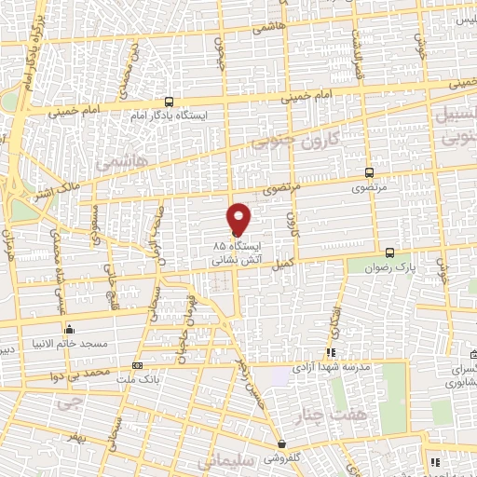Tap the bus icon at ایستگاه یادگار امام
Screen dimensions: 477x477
(x=169, y=102)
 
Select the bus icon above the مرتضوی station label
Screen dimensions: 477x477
(x=370, y=172)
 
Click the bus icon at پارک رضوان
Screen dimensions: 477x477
(x=389, y=252)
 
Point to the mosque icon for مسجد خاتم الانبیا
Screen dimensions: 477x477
(x=69, y=329)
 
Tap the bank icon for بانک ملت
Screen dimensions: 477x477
(x=138, y=366)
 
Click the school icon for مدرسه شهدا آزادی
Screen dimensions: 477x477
(x=330, y=353)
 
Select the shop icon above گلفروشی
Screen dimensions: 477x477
(x=281, y=444)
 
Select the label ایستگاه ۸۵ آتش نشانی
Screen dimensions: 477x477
(x=238, y=254)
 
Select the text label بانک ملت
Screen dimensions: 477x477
(x=134, y=380)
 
